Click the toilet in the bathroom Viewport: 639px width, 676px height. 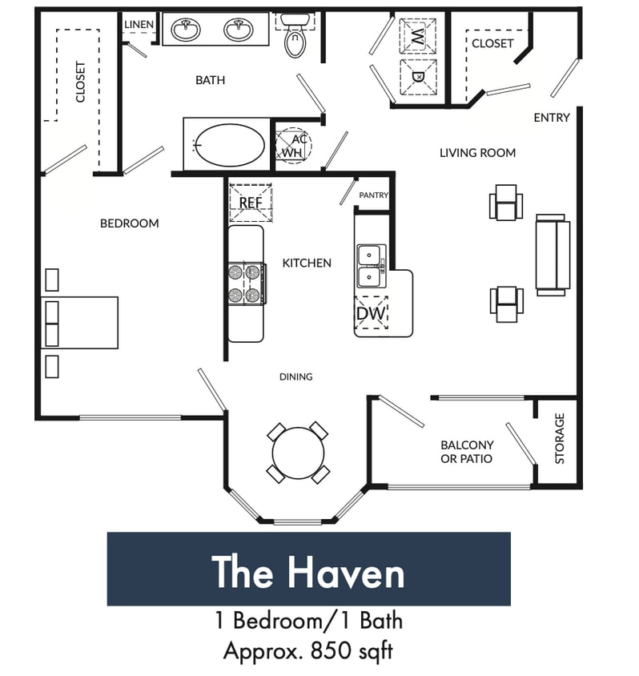(295, 38)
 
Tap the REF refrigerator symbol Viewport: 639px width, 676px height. (251, 203)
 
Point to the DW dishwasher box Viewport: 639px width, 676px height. (372, 313)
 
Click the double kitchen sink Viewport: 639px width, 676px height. (370, 266)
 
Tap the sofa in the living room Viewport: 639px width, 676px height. (552, 255)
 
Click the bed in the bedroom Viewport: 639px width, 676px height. (79, 323)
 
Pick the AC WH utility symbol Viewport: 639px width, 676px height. (293, 145)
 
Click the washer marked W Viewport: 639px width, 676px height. (417, 36)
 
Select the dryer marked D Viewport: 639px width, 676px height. (417, 76)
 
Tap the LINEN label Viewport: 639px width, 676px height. (139, 25)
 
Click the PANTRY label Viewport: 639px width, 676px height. (373, 195)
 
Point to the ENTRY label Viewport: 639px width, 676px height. (552, 118)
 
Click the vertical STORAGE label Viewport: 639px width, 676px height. (560, 438)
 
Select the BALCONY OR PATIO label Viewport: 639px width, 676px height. (467, 452)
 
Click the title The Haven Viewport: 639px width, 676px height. (308, 573)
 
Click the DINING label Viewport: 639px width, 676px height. (295, 376)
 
